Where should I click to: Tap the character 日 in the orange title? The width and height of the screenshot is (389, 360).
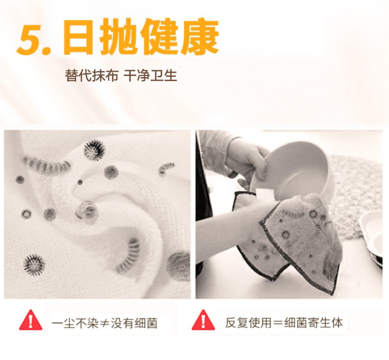coord(78,37)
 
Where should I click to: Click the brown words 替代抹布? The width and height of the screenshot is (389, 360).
coord(92,75)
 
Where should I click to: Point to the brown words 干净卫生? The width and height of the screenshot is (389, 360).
coord(150,75)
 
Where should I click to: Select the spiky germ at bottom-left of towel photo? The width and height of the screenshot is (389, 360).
coord(34,265)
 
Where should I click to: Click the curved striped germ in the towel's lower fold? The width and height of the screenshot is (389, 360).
coord(130,254)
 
